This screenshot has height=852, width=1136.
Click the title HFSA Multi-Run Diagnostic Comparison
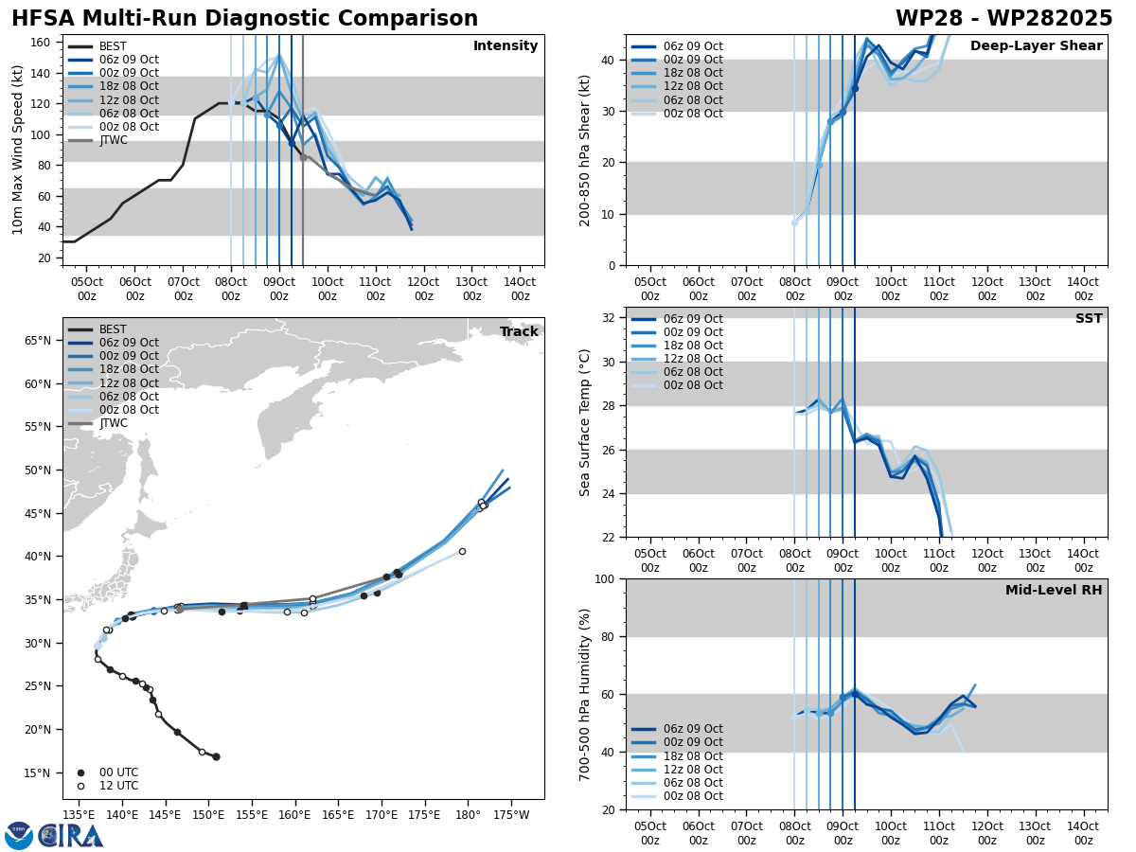(244, 19)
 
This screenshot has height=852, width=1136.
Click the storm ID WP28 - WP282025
(1003, 19)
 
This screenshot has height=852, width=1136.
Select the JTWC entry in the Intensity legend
(113, 140)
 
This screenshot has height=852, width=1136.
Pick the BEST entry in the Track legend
(113, 329)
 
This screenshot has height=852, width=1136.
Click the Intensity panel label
(506, 46)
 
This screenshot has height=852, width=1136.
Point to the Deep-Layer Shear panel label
(1036, 46)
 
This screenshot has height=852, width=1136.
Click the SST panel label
(1089, 319)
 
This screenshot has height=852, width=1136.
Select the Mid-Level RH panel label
(1054, 591)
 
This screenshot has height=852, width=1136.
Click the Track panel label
(519, 331)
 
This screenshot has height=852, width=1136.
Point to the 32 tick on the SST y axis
(611, 318)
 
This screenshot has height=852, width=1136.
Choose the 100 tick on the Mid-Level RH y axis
(605, 578)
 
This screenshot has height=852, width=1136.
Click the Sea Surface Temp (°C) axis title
(586, 422)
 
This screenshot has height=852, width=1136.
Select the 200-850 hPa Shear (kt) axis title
(586, 150)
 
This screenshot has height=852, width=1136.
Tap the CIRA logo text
(72, 835)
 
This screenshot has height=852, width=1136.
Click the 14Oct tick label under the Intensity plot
(520, 289)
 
